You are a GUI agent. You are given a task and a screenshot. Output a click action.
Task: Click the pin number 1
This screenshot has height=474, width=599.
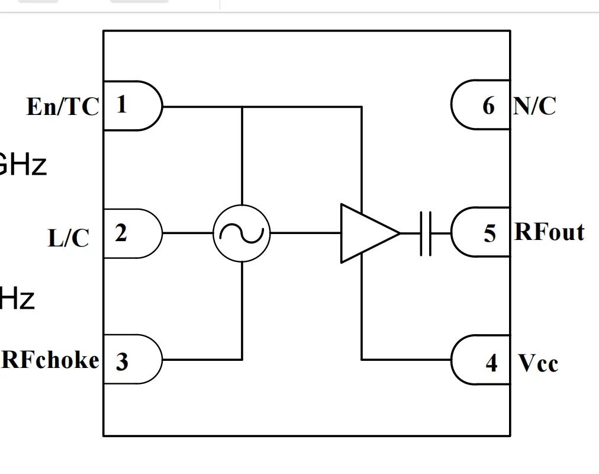pos(121,105)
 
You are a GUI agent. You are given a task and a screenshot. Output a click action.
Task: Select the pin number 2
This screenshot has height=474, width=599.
pos(121,233)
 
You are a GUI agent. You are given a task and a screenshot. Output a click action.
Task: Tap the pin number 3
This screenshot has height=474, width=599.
pos(121,361)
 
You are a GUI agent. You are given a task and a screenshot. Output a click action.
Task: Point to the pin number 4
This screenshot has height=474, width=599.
pos(491,362)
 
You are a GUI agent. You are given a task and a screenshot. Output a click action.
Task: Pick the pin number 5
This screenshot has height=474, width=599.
pos(489,233)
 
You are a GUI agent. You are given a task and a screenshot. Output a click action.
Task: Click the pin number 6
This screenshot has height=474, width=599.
pos(488,106)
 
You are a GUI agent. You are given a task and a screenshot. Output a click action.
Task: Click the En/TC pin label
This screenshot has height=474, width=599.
pos(62,107)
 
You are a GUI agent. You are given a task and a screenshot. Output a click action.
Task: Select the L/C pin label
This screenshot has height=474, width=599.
pos(68,238)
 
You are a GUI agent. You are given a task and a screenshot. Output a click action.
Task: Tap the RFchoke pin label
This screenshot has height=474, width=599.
pos(50,360)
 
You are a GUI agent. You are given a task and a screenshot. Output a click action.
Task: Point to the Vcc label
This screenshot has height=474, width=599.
pos(538,363)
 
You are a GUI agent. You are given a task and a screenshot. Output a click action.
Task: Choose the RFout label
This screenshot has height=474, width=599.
pos(549,232)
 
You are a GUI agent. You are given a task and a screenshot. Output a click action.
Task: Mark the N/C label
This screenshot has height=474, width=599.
pos(535,106)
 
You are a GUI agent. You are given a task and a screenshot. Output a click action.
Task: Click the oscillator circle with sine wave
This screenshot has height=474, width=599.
pos(241,233)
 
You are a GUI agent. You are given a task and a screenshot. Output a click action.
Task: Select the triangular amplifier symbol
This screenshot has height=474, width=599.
pos(366,233)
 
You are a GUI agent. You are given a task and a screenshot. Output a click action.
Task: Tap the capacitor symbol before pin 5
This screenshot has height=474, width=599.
pos(426,233)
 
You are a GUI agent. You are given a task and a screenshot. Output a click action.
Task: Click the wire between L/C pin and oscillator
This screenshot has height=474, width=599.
pos(188,233)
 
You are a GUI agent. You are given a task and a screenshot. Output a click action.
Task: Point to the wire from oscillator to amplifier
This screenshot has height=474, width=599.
pos(305,233)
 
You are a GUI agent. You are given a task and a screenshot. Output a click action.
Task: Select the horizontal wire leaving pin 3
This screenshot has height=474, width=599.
pos(201,359)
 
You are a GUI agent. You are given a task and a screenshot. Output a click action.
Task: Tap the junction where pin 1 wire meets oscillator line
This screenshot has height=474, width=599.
pos(242,107)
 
